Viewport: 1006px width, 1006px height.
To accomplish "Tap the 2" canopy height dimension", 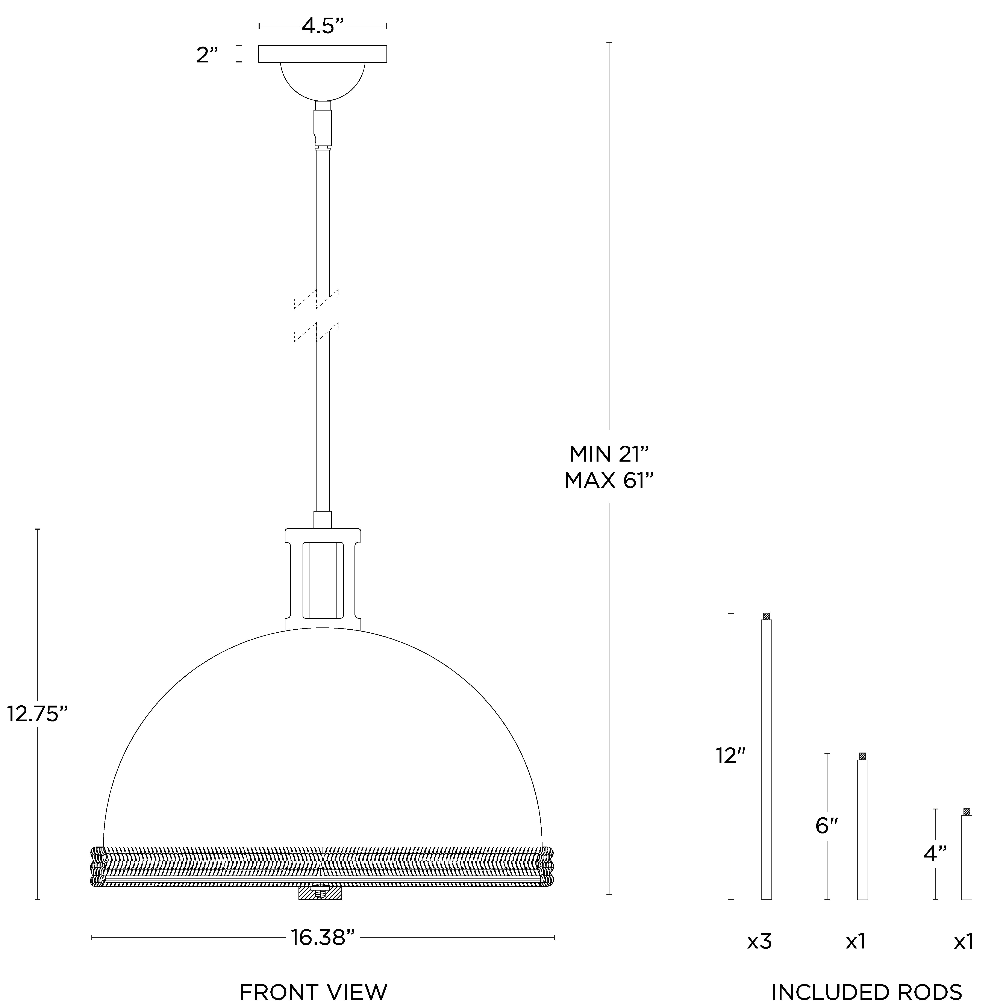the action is pyautogui.click(x=207, y=55).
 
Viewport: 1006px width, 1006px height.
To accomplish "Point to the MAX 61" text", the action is pyautogui.click(x=609, y=481).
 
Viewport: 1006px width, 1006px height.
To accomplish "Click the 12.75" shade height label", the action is pyautogui.click(x=38, y=714).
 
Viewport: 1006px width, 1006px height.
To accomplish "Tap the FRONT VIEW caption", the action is pyautogui.click(x=314, y=992).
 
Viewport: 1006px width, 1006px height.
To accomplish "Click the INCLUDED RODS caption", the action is pyautogui.click(x=867, y=992).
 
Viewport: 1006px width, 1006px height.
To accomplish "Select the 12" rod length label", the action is pyautogui.click(x=731, y=756).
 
